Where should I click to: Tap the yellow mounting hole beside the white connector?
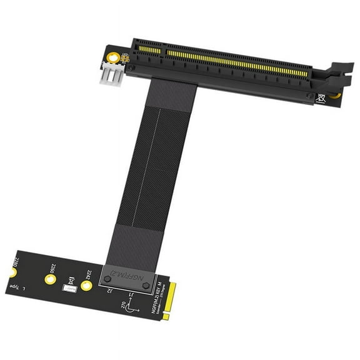[x=114, y=57]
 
